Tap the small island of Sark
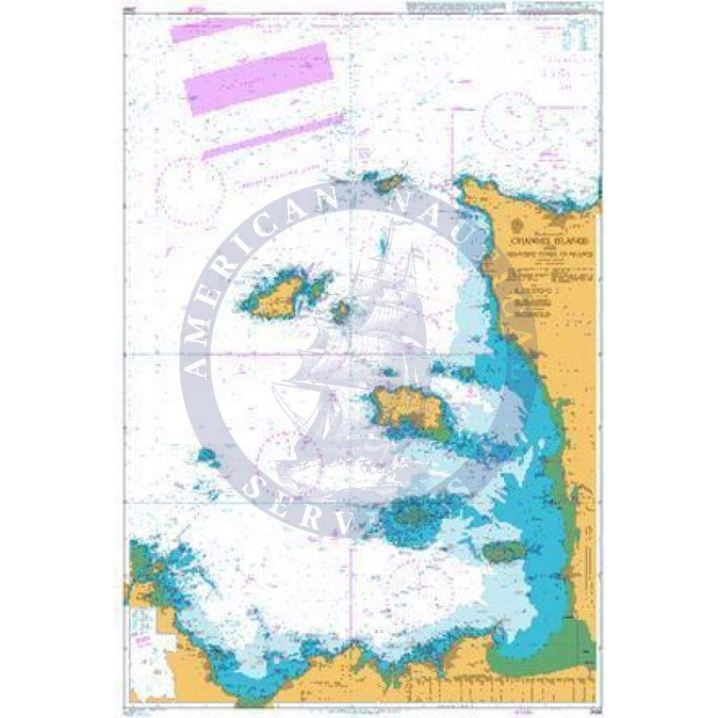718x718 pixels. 341,310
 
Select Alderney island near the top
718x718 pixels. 388,184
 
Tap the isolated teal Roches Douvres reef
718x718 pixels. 207,456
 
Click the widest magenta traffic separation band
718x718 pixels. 258,78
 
